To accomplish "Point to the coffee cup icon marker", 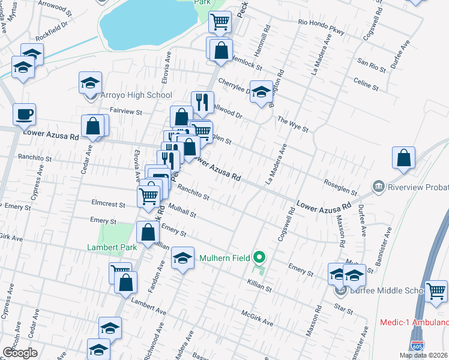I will pyautogui.click(x=24, y=113).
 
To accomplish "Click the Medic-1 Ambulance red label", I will pyautogui.click(x=414, y=323).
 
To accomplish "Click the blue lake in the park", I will pyautogui.click(x=147, y=27).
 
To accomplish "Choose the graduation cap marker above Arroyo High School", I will pyautogui.click(x=90, y=82).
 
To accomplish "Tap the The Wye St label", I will pyautogui.click(x=292, y=124).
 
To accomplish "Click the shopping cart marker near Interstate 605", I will pyautogui.click(x=436, y=291).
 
